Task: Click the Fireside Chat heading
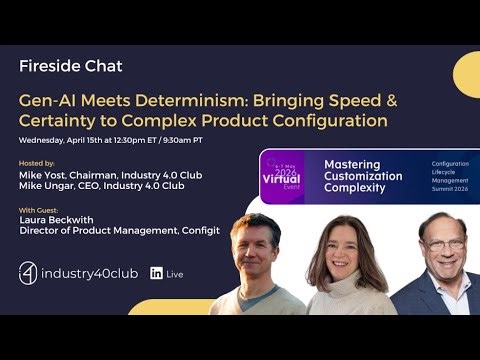click(x=70, y=67)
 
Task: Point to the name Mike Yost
click(x=47, y=175)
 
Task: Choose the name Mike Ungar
click(x=52, y=187)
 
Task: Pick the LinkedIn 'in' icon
click(x=157, y=273)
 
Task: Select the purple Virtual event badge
click(x=281, y=178)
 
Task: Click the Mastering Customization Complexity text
click(x=365, y=176)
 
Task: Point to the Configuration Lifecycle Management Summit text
click(x=451, y=178)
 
